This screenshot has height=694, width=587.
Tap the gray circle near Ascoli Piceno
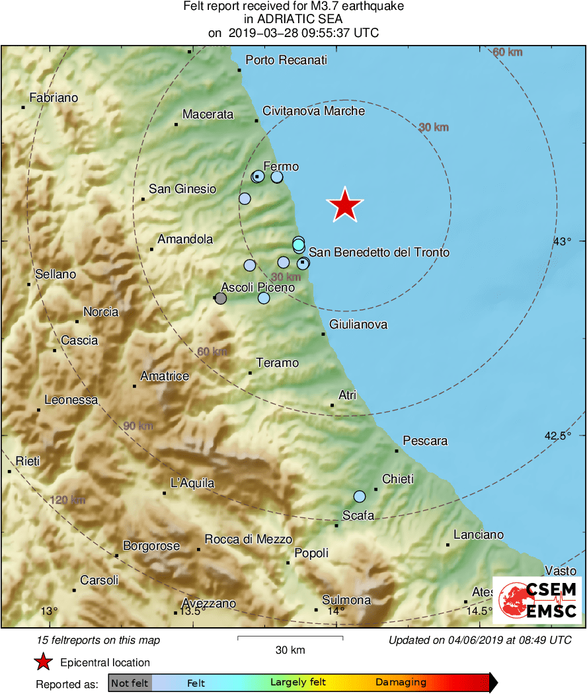[x=221, y=299]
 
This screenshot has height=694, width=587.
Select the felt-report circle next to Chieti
[x=360, y=496]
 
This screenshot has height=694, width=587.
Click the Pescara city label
[x=425, y=441]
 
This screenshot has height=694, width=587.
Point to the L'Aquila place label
[x=192, y=483]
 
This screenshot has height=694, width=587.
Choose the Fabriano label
[x=54, y=98]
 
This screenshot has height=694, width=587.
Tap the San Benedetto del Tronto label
[x=379, y=252]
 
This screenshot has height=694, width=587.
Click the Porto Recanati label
[x=286, y=61]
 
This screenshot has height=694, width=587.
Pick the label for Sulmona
[x=346, y=600]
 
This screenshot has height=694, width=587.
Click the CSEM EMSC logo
[x=541, y=600]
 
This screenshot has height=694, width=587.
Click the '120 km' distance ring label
[x=68, y=500]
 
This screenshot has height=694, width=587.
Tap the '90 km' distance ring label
[x=138, y=426]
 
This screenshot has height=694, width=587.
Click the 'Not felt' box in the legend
[x=130, y=683]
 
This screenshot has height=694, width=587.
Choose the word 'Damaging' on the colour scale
[x=401, y=683]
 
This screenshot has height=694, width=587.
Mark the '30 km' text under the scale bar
[x=290, y=650]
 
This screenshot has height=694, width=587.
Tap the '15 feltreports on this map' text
[x=98, y=640]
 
